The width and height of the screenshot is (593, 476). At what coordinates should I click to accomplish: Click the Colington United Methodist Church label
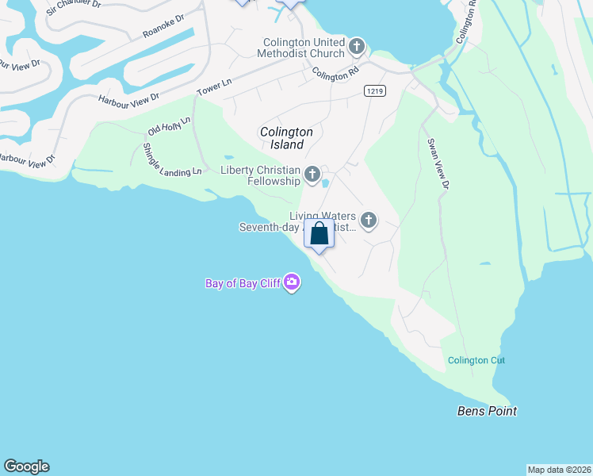pyautogui.click(x=305, y=48)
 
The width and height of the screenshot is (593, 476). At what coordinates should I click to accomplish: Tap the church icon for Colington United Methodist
pyautogui.click(x=356, y=47)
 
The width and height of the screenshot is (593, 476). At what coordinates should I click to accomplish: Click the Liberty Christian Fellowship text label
pyautogui.click(x=260, y=176)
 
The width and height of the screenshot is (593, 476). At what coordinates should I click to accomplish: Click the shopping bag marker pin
pyautogui.click(x=319, y=235)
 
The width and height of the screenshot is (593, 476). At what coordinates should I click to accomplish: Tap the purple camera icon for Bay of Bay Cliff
pyautogui.click(x=292, y=282)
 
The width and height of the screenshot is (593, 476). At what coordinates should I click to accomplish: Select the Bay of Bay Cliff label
pyautogui.click(x=243, y=283)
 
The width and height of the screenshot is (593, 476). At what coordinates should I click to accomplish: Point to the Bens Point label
pyautogui.click(x=487, y=411)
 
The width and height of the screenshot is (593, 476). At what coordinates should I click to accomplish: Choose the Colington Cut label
pyautogui.click(x=476, y=360)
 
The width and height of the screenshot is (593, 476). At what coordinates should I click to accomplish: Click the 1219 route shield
pyautogui.click(x=375, y=91)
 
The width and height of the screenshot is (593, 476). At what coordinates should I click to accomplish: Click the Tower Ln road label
pyautogui.click(x=214, y=87)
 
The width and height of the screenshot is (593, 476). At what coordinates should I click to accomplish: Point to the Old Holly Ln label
pyautogui.click(x=170, y=125)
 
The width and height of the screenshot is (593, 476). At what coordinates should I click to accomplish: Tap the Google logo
pyautogui.click(x=26, y=466)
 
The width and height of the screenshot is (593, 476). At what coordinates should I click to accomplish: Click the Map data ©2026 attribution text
pyautogui.click(x=559, y=469)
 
